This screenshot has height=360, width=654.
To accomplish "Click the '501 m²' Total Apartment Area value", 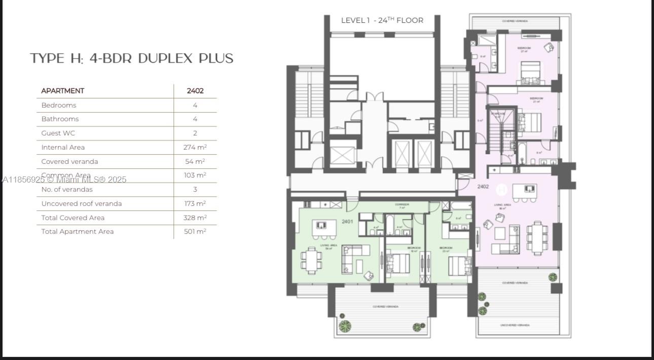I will (195, 232).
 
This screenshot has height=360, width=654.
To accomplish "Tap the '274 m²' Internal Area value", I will (195, 148).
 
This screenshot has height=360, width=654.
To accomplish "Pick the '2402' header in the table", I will (195, 91).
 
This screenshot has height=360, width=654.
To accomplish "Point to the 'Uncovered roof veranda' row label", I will (82, 204).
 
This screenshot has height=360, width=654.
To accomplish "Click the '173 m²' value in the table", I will (195, 204).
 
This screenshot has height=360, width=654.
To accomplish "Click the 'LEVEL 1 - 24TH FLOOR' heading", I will (382, 20).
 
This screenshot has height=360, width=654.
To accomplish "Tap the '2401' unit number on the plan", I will (347, 222).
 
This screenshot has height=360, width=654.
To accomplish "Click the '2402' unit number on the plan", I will (483, 187).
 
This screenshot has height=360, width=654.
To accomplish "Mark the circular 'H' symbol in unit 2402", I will (501, 189).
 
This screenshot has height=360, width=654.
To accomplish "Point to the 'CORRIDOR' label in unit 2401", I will (402, 205).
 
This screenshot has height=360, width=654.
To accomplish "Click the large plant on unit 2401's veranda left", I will (345, 326).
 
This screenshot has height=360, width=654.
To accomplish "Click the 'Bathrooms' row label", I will (60, 119).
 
